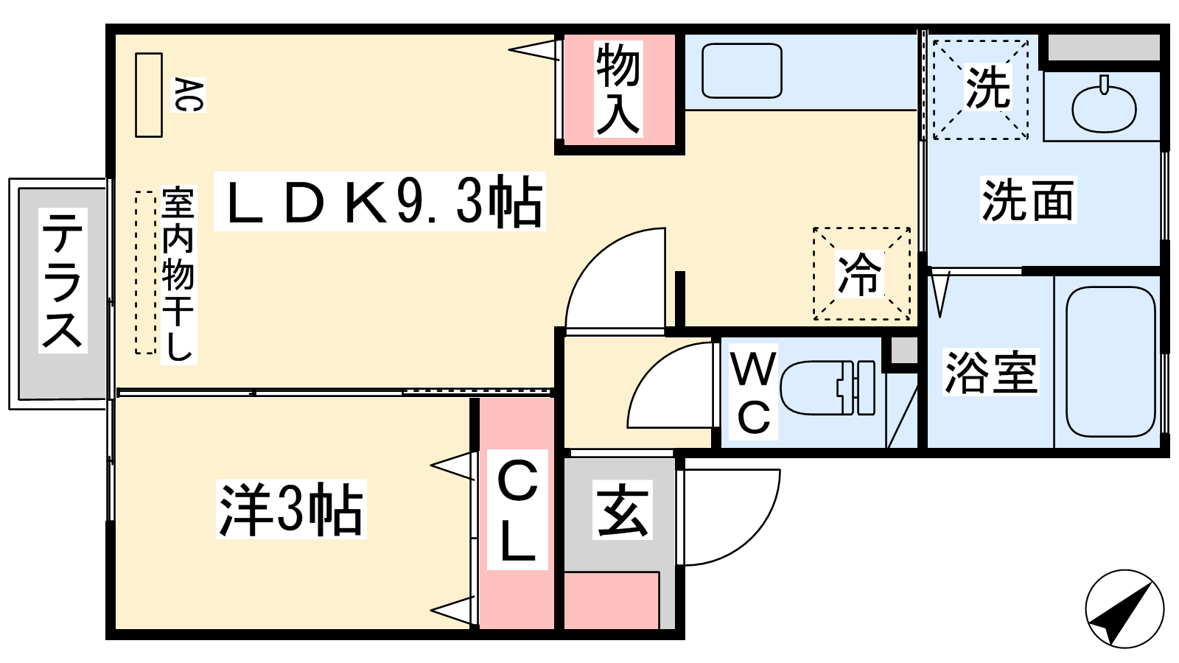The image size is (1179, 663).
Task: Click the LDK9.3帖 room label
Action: pos(379,201)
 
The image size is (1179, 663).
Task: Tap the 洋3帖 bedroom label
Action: pos(291,509)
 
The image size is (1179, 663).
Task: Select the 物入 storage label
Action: pos(618,89)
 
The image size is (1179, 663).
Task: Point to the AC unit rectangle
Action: pos(148,95)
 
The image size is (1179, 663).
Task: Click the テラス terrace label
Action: pos(63,280)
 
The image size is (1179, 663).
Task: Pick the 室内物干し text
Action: pos(178,274)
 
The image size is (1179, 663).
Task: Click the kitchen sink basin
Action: pos(741,71)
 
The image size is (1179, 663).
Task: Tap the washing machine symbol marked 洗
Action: pos(981,89)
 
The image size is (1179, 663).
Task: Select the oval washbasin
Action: pos(1104,107)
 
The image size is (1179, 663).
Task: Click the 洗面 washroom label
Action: pos(1028,200)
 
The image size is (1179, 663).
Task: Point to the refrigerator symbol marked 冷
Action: pos(861,273)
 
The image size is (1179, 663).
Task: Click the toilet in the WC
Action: pos(828,387)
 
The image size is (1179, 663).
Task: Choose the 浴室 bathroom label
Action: pos(990,373)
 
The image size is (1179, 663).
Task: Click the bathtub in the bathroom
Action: pos(1110,362)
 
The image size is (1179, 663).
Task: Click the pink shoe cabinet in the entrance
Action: pos(612,600)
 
